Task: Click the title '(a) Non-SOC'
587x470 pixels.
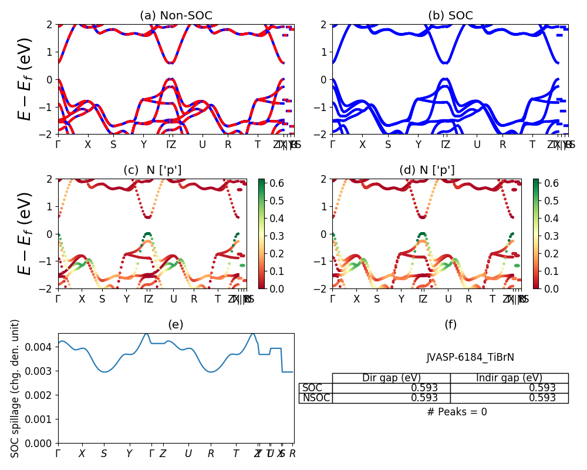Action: (176, 15)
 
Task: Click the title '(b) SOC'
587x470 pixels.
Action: (450, 15)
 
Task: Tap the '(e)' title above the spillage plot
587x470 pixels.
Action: (176, 324)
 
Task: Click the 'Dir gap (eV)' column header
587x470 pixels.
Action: (391, 378)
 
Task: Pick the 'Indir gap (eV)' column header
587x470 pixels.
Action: (509, 378)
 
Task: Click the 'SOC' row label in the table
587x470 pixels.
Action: (312, 388)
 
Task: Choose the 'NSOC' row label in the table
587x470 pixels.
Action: (316, 398)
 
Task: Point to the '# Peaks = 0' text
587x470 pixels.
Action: (457, 412)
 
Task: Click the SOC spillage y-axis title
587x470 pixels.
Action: (16, 388)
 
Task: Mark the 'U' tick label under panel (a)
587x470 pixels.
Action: (203, 145)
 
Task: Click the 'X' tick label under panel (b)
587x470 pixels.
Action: (363, 145)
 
